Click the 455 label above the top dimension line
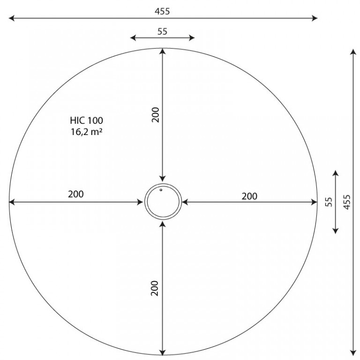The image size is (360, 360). click(x=162, y=11)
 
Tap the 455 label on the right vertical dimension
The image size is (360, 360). click(x=347, y=202)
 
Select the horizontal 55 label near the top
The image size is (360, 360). click(x=162, y=31)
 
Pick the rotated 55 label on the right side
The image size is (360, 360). click(x=329, y=202)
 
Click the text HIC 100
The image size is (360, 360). click(x=87, y=120)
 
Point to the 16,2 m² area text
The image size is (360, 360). click(x=86, y=132)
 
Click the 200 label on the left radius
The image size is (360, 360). click(x=76, y=194)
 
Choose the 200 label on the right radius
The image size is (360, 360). click(x=249, y=196)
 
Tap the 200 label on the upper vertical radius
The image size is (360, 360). click(x=156, y=115)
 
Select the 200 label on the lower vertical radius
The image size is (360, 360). click(x=155, y=288)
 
